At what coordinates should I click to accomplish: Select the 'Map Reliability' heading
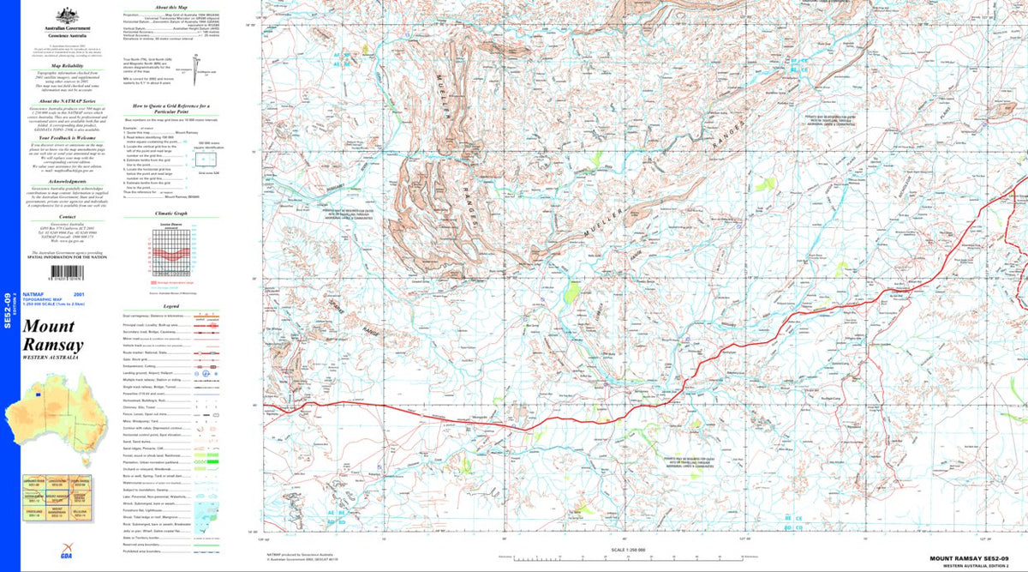click(67, 65)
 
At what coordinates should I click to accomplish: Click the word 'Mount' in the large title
click(49, 327)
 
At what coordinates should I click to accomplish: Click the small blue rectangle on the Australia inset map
click(38, 394)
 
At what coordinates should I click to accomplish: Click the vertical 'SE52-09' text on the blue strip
click(8, 311)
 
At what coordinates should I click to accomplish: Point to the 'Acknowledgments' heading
click(67, 182)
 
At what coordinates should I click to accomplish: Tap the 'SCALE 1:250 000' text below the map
click(628, 550)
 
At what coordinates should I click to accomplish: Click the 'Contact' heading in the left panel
click(67, 218)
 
